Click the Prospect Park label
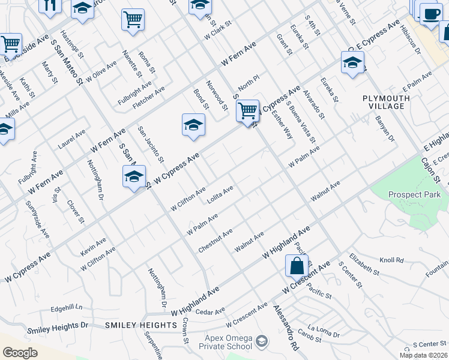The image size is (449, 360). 414,194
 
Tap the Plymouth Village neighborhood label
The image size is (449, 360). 384,101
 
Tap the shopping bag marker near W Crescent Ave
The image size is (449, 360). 297,265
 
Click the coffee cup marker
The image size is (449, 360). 430,14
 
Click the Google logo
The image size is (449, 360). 20,353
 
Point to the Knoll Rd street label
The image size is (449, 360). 391,261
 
